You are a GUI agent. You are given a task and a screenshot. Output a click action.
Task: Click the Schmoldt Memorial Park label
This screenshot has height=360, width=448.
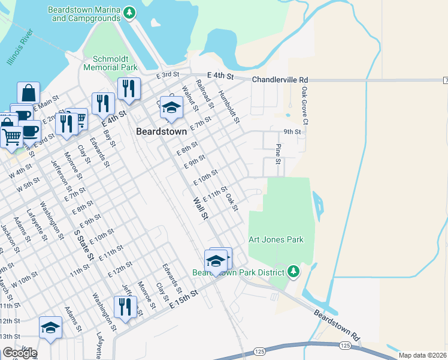pyautogui.click(x=116, y=64)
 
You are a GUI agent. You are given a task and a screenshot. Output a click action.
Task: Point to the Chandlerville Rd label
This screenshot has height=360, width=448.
pyautogui.click(x=280, y=80)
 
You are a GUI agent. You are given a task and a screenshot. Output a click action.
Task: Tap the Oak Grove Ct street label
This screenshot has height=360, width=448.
pyautogui.click(x=304, y=106)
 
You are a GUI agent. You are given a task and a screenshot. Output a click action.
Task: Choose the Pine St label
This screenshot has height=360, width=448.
pyautogui.click(x=278, y=153)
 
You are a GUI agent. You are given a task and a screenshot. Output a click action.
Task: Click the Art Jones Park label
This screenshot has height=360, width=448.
pyautogui.click(x=276, y=239)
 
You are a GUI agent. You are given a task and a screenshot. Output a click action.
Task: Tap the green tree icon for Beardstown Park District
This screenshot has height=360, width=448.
pyautogui.click(x=293, y=272)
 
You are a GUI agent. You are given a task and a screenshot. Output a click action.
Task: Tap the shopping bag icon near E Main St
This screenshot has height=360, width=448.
pyautogui.click(x=29, y=93)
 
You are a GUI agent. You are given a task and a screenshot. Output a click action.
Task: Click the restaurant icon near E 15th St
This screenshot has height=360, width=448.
pyautogui.click(x=125, y=307)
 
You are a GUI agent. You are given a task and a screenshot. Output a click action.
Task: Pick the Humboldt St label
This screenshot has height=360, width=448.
pyautogui.click(x=229, y=106)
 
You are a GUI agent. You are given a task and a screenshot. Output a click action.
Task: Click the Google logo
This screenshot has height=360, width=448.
pyautogui.click(x=19, y=353)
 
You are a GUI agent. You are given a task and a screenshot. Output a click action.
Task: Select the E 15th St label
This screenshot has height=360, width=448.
pyautogui.click(x=183, y=299)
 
